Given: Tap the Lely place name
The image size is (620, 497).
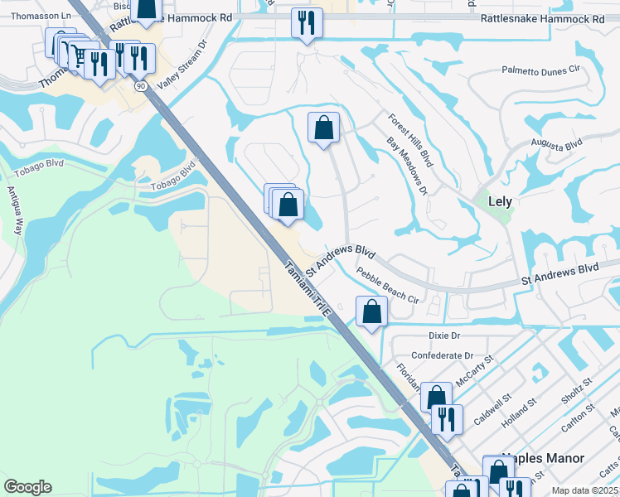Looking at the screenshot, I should coord(500,201).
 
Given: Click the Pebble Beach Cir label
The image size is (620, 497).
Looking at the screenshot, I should coord(387,285).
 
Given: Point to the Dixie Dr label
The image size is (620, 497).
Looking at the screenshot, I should coord(443,335).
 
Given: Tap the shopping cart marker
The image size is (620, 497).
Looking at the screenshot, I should coord(77,55).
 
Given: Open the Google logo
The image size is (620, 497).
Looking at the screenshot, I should coord(27,487).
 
